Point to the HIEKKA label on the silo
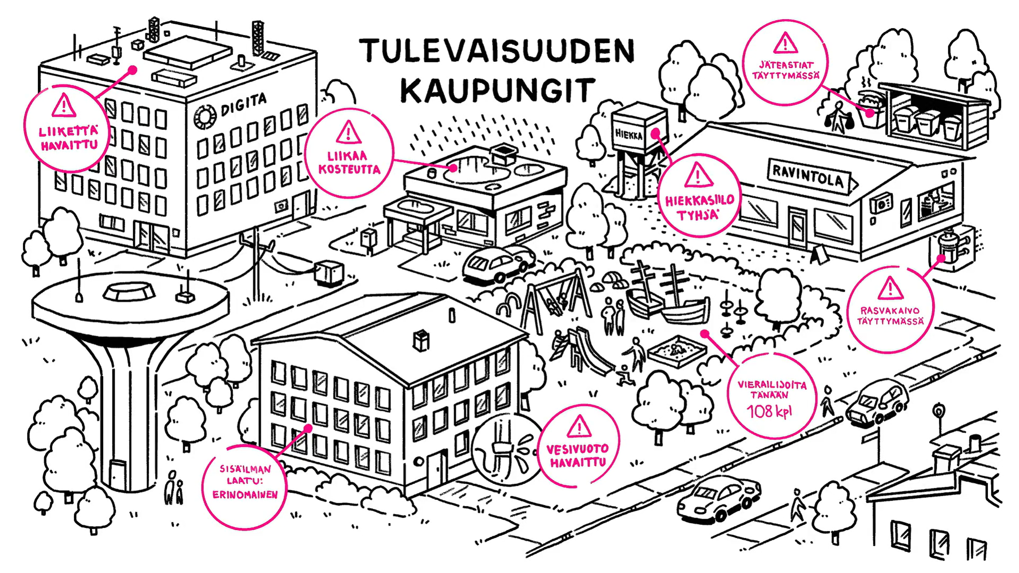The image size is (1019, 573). coord(628,134)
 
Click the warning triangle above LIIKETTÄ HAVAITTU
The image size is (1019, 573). coord(63,106)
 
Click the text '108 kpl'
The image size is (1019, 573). coord(768,411)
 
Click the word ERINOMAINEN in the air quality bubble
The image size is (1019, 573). coord(245,495)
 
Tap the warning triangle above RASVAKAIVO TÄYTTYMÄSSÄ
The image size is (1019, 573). coord(890,288)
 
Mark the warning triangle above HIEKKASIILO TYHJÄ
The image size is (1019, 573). coord(698,175)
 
